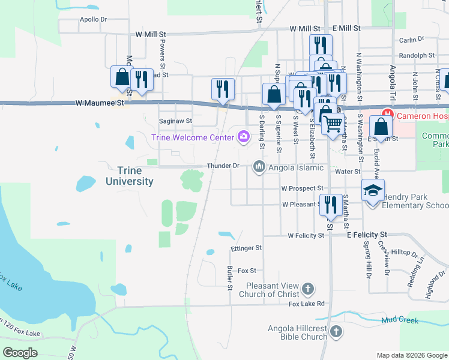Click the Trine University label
coord(129,176)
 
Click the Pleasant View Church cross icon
coord(307,290)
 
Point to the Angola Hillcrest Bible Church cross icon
coord(336,331)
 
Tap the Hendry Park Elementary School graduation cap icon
coord(373,191)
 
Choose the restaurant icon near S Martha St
coord(330,205)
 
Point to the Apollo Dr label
coord(93,19)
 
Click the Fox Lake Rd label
coord(306,304)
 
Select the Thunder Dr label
coord(223,166)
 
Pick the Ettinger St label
coord(246,248)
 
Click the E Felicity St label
coord(368,235)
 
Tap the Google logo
coord(20,352)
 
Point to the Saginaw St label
coord(175,121)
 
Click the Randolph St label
coord(417,55)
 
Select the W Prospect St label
coord(303,188)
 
